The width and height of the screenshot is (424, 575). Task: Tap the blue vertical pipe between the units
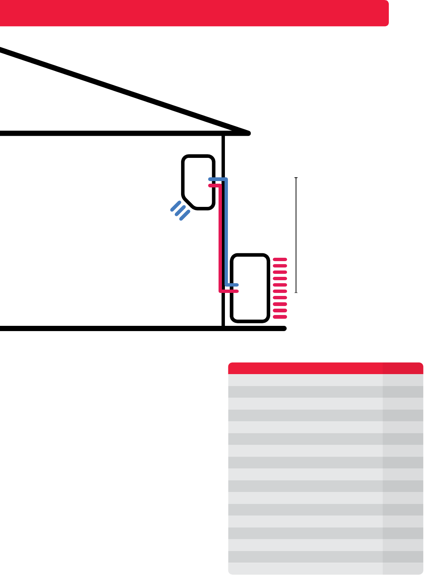click(226, 232)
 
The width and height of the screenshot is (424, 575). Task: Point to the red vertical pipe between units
click(220, 239)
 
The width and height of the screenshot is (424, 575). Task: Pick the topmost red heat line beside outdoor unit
click(280, 259)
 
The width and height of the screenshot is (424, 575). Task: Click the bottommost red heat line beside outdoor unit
click(280, 317)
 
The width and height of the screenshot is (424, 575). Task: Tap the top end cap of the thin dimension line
click(296, 178)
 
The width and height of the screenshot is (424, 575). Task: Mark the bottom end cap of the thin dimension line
click(296, 292)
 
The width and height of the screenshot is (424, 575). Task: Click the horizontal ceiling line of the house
click(112, 133)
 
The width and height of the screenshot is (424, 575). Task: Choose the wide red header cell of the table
click(305, 368)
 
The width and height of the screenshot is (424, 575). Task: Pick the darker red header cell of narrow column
click(403, 368)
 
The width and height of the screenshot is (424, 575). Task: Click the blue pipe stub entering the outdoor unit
click(232, 285)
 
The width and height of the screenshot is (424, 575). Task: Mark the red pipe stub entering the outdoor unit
click(229, 291)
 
